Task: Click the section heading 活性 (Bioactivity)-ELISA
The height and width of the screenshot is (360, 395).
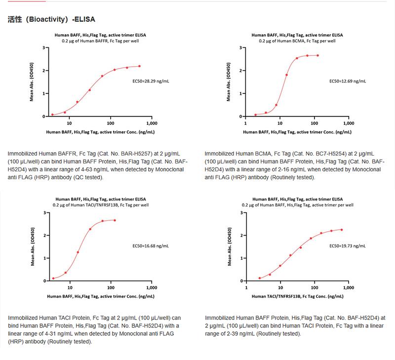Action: (x=51, y=19)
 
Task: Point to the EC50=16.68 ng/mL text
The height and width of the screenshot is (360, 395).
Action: (x=151, y=246)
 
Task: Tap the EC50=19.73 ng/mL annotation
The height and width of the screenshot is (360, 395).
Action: (x=348, y=246)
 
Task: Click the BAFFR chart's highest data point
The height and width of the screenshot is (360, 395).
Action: (x=139, y=66)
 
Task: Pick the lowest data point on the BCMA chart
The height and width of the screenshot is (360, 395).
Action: (x=255, y=115)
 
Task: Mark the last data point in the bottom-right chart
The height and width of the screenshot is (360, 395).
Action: (x=341, y=230)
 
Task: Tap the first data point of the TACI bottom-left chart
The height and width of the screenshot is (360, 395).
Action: (x=53, y=279)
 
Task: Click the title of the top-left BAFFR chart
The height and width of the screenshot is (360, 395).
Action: (x=100, y=36)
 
